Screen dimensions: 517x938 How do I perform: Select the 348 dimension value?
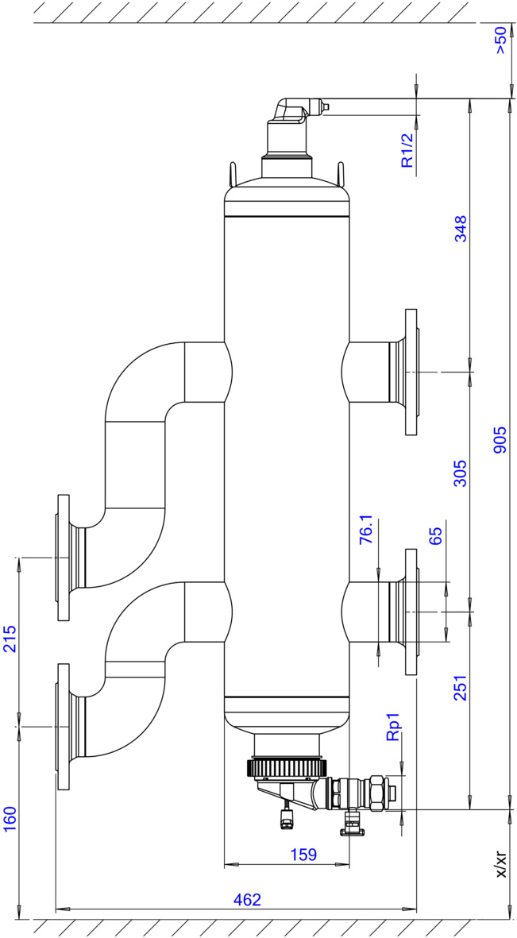(461, 228)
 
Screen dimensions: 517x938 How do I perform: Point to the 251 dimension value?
(461, 687)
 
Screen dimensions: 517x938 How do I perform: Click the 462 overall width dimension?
(248, 900)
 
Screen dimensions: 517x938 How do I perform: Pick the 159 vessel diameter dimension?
(303, 855)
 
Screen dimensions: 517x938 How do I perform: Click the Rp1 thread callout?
(392, 727)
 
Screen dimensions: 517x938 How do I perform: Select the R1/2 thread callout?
(407, 149)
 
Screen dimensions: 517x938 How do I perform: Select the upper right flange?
(411, 372)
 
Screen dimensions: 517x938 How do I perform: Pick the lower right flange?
(411, 612)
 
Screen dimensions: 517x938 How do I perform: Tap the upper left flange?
(64, 558)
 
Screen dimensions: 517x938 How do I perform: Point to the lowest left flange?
(64, 726)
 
